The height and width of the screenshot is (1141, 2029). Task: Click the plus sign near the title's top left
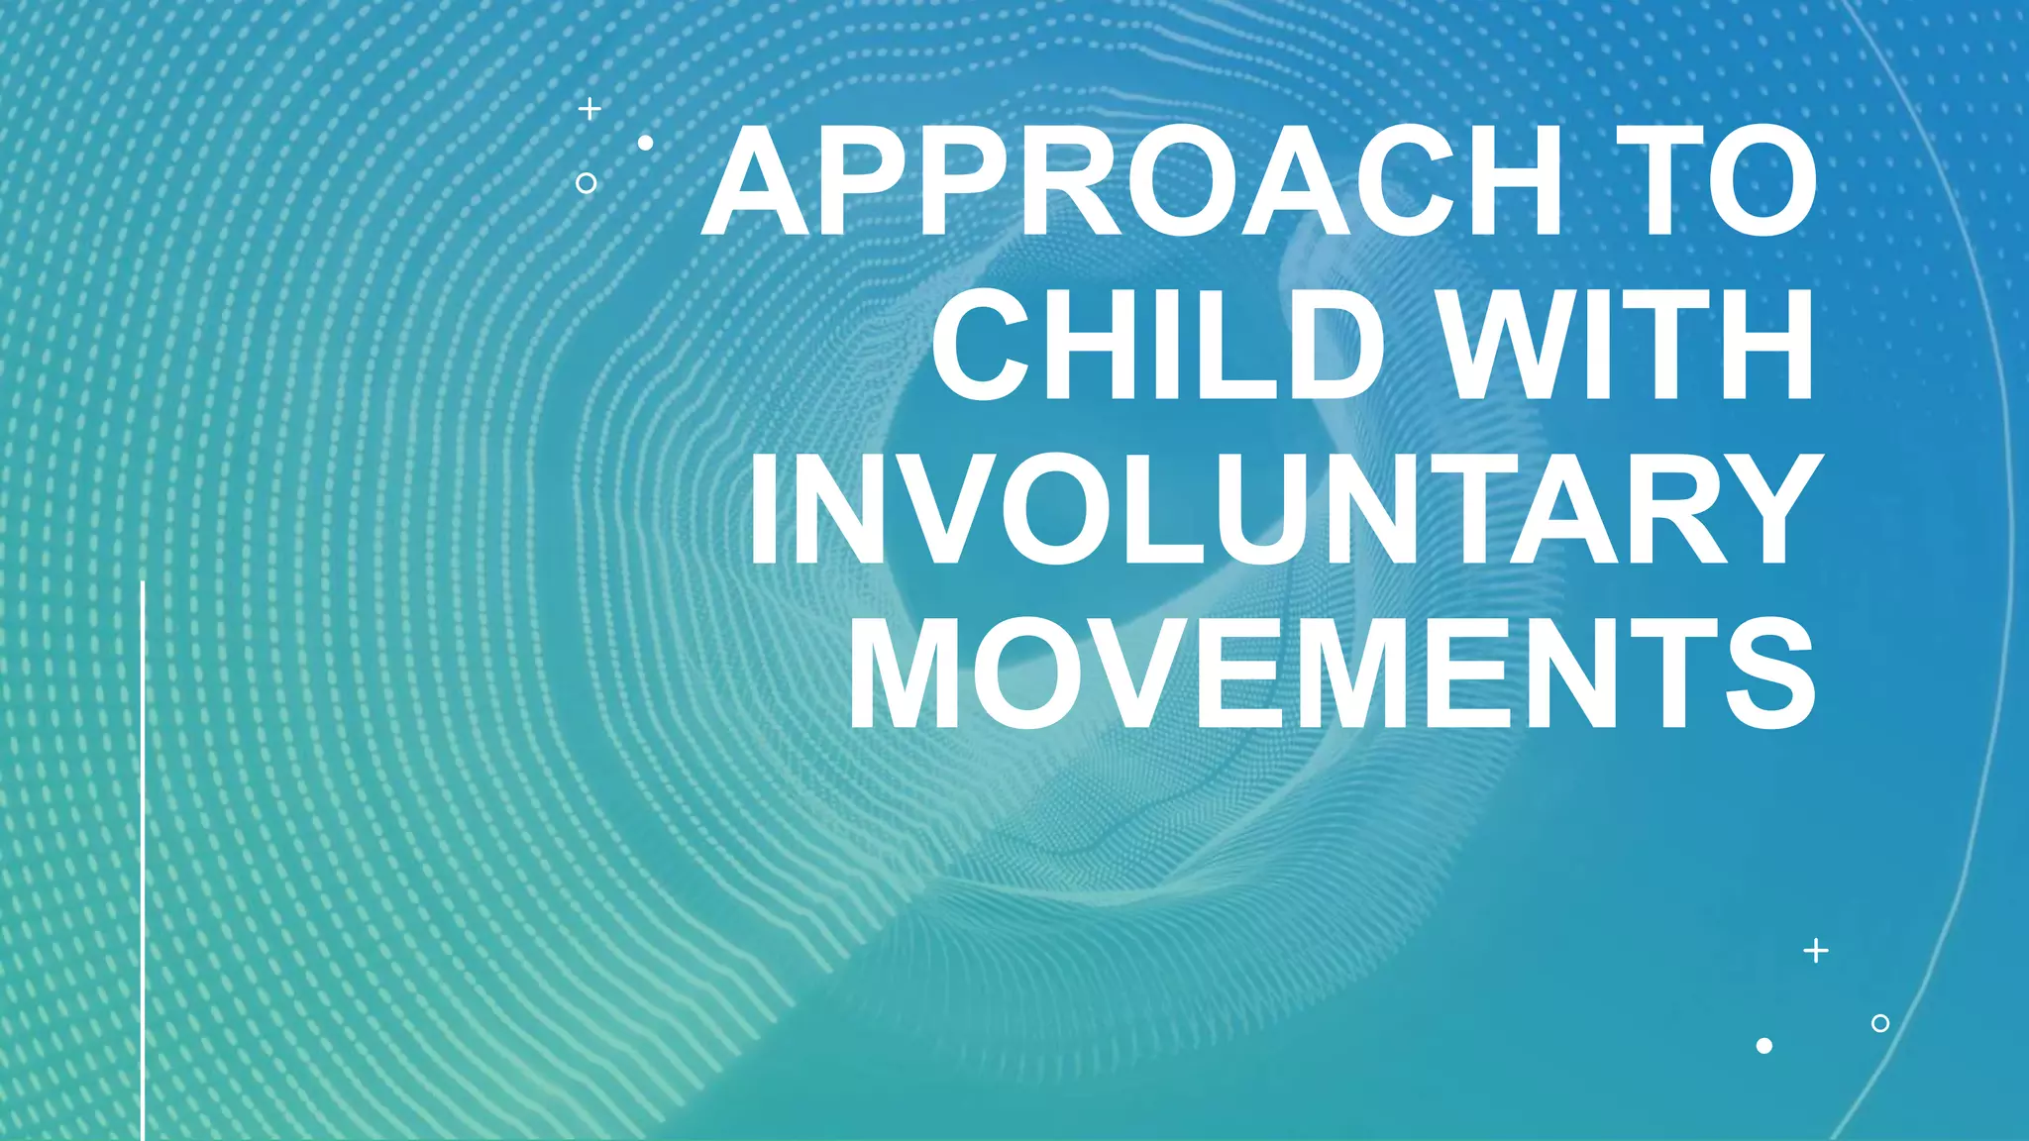pos(589,109)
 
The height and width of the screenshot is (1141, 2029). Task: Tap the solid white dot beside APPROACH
pos(645,144)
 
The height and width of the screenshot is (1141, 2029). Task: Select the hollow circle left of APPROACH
pos(586,183)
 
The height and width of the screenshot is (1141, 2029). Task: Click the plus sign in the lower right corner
pos(1815,951)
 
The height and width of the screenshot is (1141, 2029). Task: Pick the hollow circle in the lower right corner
pos(1879,1023)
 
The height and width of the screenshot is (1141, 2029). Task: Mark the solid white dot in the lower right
pos(1763,1046)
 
